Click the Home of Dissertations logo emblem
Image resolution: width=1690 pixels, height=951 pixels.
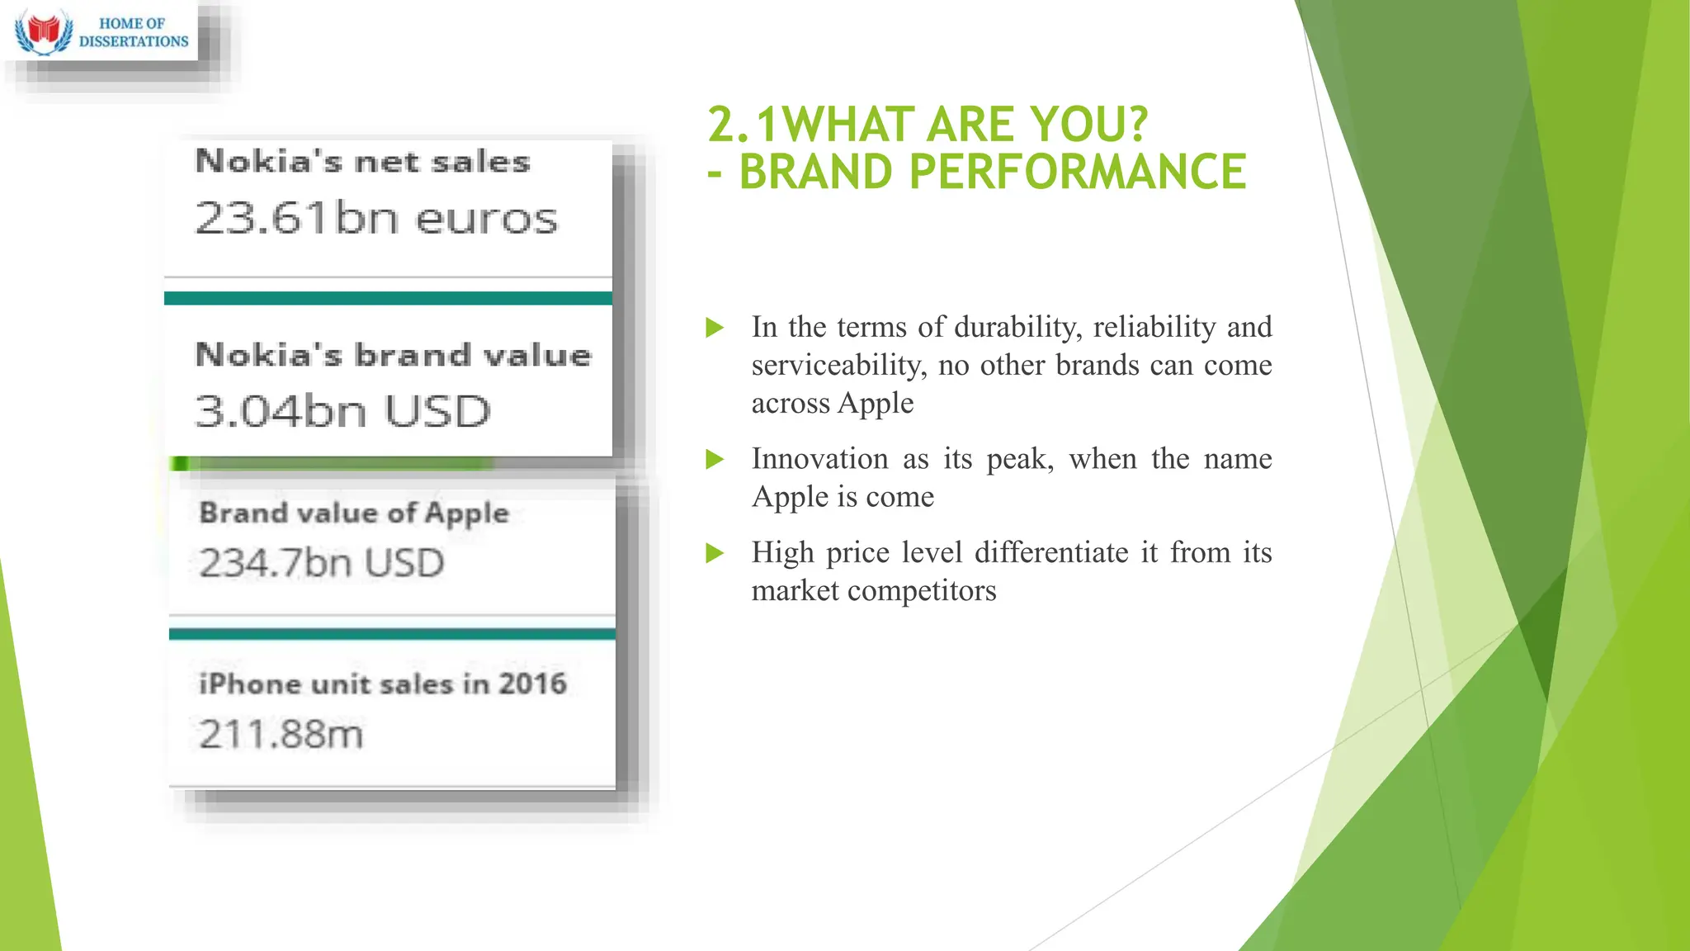coord(44,31)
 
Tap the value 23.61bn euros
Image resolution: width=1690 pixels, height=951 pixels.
coord(376,219)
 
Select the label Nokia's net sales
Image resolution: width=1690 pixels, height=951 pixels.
coord(362,161)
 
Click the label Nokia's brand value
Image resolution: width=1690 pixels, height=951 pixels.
coord(394,355)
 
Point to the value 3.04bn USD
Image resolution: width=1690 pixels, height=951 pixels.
coord(342,411)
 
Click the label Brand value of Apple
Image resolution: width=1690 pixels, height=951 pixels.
coord(354,513)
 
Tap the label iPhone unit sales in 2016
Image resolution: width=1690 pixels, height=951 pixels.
coord(383,684)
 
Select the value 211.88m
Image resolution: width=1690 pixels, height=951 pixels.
coord(281,734)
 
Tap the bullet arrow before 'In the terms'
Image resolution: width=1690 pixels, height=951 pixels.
coord(715,328)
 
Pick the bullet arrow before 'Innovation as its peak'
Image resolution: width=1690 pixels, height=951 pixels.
coord(715,459)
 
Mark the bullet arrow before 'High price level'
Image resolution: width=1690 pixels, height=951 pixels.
coord(715,553)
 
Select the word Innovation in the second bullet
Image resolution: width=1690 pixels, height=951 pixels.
coord(819,459)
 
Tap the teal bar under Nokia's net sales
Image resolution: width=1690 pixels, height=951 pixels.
coord(388,298)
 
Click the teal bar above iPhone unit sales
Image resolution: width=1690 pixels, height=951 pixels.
coord(392,634)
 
